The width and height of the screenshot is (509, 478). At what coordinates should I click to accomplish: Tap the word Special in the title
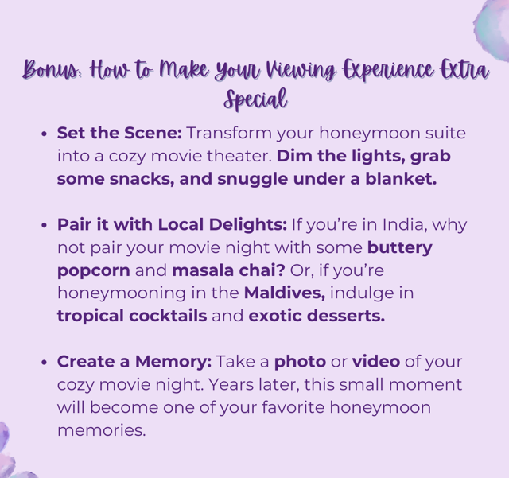point(255,99)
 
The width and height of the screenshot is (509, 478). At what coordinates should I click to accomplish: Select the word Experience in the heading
point(388,69)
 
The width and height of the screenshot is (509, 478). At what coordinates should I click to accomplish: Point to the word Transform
point(229,133)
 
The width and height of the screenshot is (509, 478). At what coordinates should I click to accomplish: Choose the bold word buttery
point(399,248)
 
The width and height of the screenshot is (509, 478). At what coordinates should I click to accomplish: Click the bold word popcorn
point(94,271)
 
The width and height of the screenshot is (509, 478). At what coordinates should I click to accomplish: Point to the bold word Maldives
point(285,293)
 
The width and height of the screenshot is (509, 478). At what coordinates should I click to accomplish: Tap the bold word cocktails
point(168,316)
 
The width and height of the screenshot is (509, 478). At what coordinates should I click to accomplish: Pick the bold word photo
point(301,362)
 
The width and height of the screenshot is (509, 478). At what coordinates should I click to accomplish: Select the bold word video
point(376,361)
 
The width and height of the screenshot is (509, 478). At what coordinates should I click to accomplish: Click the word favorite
point(293,407)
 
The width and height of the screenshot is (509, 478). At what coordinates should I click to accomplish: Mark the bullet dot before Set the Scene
point(45,134)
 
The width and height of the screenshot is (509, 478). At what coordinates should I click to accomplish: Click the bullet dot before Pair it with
point(45,225)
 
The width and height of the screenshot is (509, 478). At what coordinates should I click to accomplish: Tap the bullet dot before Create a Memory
point(45,363)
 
